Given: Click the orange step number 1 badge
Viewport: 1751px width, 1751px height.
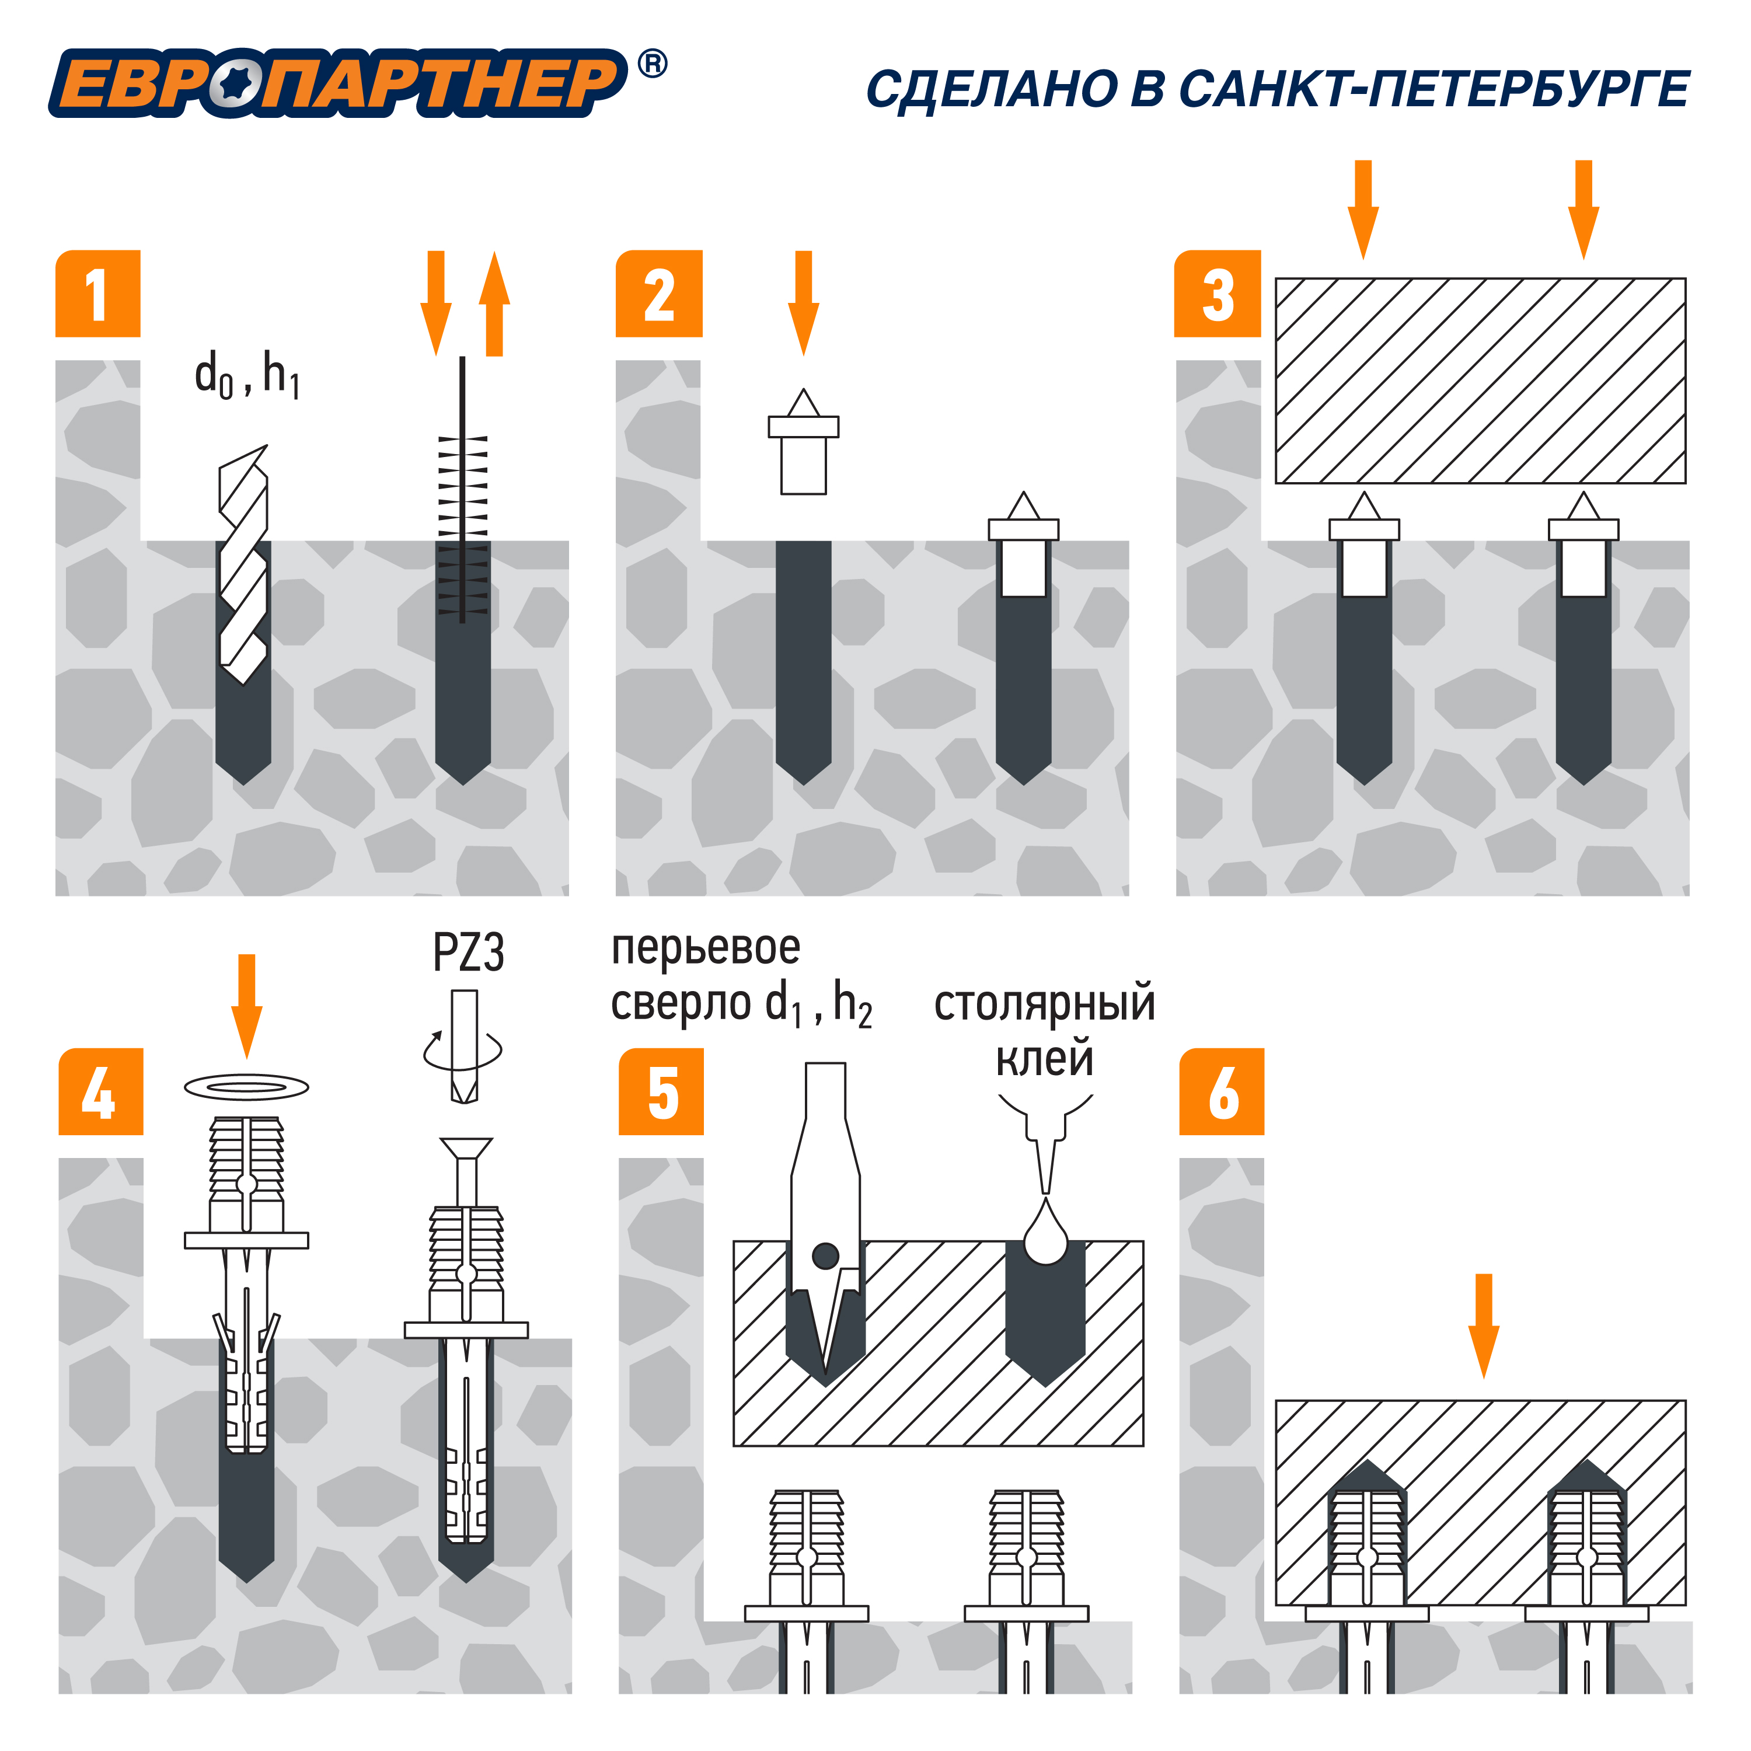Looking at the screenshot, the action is click(x=98, y=294).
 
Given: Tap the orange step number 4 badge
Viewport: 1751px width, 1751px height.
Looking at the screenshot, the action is click(x=100, y=1092).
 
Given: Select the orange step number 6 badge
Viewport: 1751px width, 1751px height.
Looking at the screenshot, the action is click(x=1222, y=1092).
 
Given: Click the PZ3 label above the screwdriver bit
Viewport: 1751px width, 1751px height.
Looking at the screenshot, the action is click(x=468, y=953).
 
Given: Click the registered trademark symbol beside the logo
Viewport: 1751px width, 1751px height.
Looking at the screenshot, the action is click(x=653, y=64).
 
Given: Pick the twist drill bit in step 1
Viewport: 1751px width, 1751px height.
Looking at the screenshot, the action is click(x=244, y=564).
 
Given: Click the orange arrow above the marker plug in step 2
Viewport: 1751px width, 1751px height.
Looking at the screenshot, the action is click(x=803, y=304).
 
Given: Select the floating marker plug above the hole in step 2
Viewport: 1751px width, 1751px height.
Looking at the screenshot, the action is click(x=803, y=441).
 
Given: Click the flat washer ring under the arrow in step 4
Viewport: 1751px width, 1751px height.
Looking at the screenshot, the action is click(x=246, y=1087).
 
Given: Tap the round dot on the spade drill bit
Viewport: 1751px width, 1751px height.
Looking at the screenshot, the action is click(x=826, y=1255).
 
